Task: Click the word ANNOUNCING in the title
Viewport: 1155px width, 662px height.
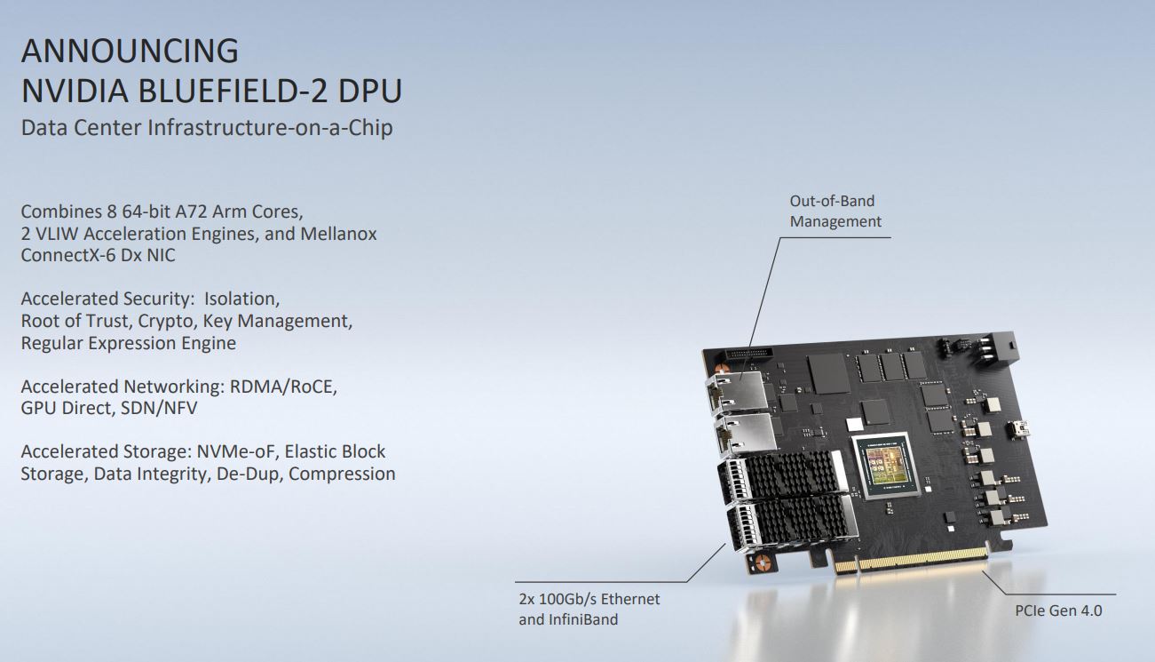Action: pos(130,51)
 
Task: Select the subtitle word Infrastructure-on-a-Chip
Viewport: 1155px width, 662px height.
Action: pos(270,127)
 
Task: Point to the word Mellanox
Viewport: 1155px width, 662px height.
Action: pos(338,234)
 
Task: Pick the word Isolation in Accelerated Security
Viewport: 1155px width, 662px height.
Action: pos(241,299)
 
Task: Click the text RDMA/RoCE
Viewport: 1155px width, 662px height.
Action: pos(283,387)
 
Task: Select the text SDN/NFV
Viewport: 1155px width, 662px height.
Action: pos(159,408)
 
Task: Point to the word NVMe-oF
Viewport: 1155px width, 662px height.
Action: pos(238,451)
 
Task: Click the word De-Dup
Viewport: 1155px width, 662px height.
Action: pos(249,474)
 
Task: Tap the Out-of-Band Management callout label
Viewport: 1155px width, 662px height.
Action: pos(835,211)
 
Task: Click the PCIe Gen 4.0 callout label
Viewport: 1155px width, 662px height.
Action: pos(1058,611)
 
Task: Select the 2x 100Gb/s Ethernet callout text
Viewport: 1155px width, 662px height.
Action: pos(589,599)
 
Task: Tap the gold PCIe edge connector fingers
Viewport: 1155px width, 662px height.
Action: pos(911,560)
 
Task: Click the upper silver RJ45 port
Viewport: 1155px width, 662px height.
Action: pos(738,393)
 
